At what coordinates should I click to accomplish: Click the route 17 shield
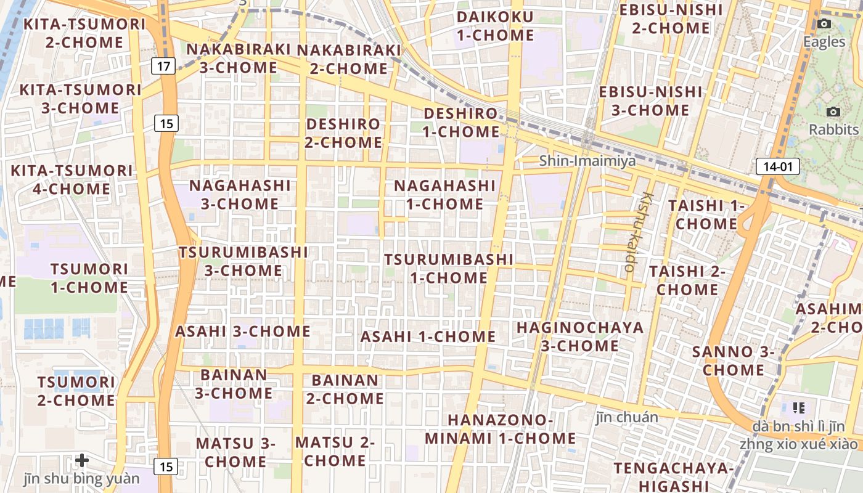[163, 65]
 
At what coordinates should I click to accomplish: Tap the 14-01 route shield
[777, 166]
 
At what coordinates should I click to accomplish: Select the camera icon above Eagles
[824, 24]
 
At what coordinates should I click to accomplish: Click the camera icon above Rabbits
[833, 112]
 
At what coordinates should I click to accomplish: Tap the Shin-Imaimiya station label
[587, 161]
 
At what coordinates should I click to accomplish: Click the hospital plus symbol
[82, 460]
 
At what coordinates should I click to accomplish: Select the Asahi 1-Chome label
[428, 336]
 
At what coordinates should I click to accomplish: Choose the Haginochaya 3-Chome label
[579, 336]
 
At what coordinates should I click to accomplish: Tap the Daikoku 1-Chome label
[495, 26]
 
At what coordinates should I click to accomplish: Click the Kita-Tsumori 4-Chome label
[72, 179]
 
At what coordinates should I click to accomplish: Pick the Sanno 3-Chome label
[733, 361]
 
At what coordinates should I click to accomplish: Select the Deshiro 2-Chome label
[344, 133]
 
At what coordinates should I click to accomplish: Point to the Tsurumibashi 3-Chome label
[243, 261]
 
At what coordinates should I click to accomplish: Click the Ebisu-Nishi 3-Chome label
[650, 101]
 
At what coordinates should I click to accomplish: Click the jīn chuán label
[627, 417]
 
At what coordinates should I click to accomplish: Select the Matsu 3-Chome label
[235, 452]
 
